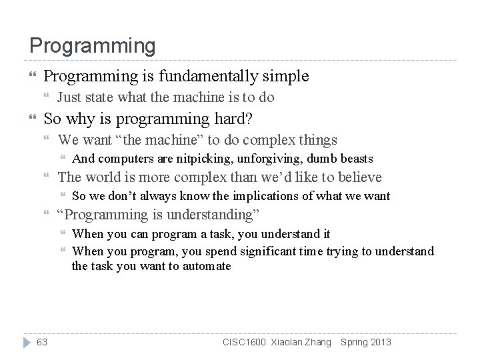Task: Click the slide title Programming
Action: pos(92,46)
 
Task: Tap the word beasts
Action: pos(357,159)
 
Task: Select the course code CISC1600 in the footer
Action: pos(245,342)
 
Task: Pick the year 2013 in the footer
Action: pos(381,342)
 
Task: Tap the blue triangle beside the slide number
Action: pos(26,342)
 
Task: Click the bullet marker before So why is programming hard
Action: pos(32,119)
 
